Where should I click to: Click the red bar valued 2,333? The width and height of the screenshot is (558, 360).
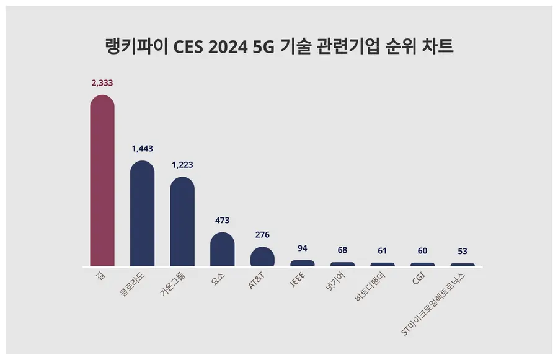tap(102, 180)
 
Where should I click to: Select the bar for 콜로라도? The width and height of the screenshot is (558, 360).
tap(142, 214)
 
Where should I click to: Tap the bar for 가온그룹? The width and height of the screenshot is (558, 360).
tap(182, 222)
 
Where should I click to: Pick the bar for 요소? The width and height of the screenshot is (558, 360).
tap(222, 250)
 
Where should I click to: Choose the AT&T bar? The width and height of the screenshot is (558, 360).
tap(262, 257)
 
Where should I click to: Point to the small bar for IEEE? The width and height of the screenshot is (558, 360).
tap(303, 263)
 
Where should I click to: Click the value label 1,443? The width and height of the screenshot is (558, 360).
tap(142, 149)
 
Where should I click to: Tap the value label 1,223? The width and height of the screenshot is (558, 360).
tap(182, 165)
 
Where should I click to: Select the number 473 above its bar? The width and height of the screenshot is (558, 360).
tap(222, 220)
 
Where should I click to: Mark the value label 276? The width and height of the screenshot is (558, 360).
tap(262, 235)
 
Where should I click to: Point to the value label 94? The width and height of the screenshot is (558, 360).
tap(303, 248)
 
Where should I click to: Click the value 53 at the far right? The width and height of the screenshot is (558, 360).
tap(463, 251)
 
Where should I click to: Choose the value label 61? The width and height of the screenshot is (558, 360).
tap(383, 250)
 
